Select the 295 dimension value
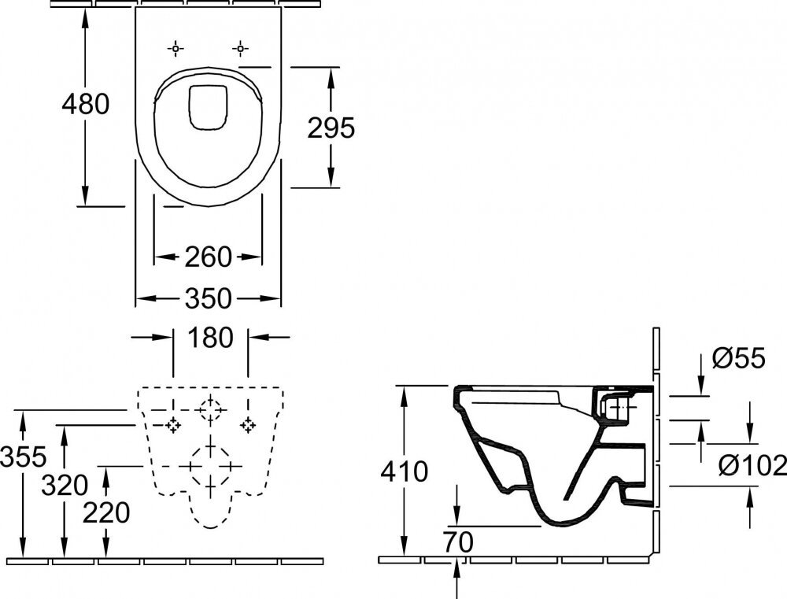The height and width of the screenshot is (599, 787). pos(331,128)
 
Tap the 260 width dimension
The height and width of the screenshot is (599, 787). pos(209,257)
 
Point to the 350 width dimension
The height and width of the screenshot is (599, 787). pos(209,299)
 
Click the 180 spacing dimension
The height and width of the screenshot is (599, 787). pos(211,338)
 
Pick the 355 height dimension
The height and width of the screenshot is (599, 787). pos(24,455)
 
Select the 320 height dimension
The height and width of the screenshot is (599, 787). pos(65,485)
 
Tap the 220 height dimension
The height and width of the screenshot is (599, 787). pos(105,513)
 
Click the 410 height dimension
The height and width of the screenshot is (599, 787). pos(404,471)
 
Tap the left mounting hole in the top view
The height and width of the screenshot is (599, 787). pos(176,49)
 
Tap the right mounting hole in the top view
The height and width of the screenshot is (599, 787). pos(238,49)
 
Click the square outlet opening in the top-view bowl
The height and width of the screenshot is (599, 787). pos(208,105)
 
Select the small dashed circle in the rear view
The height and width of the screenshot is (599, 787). pos(210,409)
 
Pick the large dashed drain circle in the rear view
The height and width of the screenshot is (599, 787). pos(209,466)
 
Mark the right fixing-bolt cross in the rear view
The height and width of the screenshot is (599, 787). pos(249,425)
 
